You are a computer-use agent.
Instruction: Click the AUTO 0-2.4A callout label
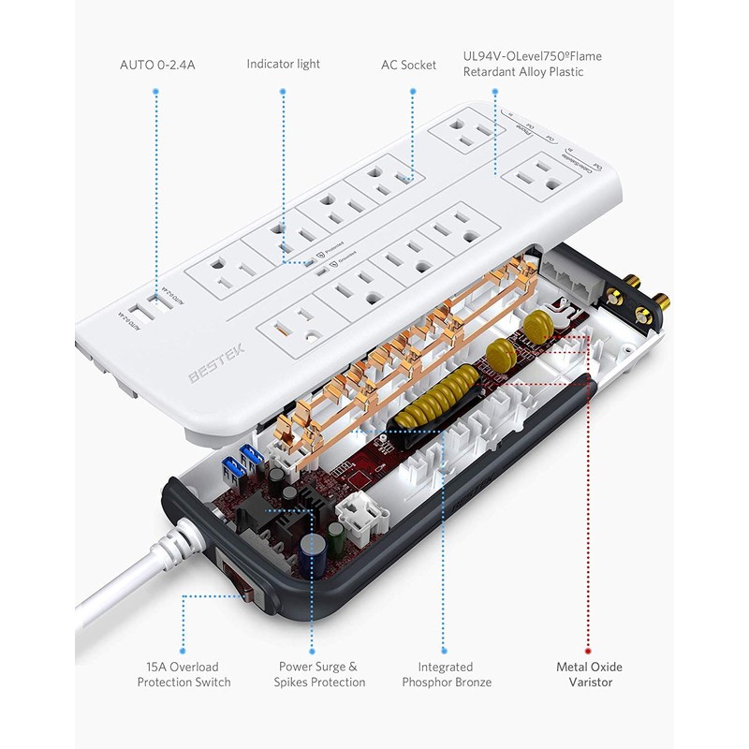tap(156, 65)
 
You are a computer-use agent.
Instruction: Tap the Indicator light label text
tap(283, 64)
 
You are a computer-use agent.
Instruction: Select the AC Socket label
tap(408, 65)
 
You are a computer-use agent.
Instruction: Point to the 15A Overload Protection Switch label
tap(184, 674)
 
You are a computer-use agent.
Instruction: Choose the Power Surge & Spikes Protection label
tap(317, 674)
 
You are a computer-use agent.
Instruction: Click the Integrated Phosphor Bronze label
tap(446, 674)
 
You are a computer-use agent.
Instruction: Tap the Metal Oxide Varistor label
tap(588, 674)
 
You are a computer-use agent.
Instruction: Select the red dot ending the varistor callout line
tap(588, 649)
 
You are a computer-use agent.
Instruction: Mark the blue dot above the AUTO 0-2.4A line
tap(156, 92)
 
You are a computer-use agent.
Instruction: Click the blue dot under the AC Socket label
tap(408, 91)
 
